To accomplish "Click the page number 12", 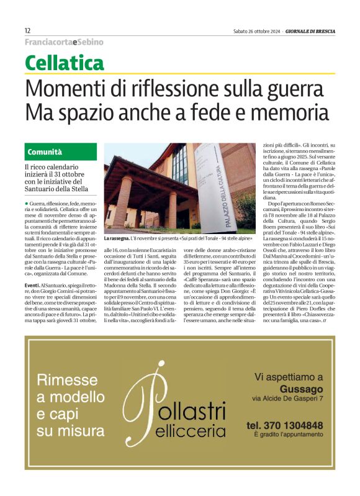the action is click(x=28, y=30).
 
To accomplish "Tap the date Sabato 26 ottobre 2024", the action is click(x=256, y=31).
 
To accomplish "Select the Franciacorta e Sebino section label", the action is click(x=64, y=42).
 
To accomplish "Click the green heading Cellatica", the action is click(x=65, y=63).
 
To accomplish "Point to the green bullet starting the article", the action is click(x=27, y=204).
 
